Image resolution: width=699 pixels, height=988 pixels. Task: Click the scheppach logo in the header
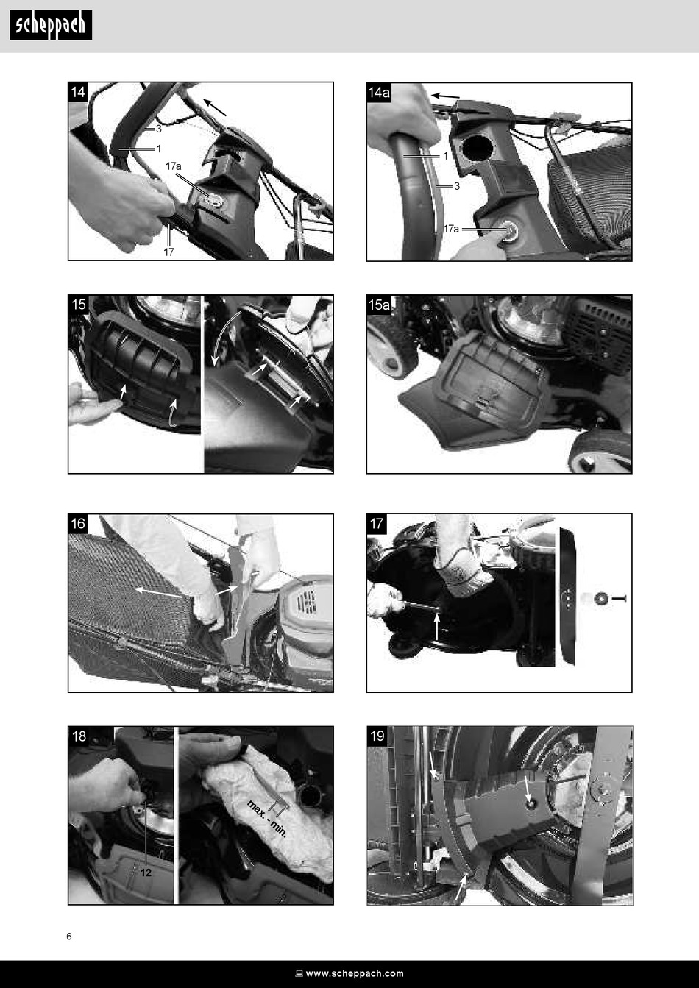(51, 25)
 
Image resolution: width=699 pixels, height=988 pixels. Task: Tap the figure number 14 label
(77, 92)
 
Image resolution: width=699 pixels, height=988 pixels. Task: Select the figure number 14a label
(379, 93)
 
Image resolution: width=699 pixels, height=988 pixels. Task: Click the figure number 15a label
(379, 305)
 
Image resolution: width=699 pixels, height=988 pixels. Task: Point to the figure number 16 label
(78, 524)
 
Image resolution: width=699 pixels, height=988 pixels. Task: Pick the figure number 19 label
(377, 736)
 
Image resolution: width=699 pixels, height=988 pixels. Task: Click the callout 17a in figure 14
(174, 166)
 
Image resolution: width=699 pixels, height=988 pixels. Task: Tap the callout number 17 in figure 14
(168, 252)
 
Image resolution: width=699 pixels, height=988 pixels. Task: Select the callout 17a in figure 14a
(451, 229)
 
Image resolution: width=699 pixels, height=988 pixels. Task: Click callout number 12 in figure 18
(146, 873)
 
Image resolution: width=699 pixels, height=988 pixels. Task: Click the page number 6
(69, 937)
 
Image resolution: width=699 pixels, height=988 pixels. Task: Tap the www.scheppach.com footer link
(355, 973)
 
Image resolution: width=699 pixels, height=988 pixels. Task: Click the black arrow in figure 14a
(445, 96)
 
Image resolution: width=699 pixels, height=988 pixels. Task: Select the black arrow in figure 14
(215, 107)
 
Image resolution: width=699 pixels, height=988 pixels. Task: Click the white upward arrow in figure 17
(436, 628)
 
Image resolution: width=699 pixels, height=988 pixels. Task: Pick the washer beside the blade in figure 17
(600, 599)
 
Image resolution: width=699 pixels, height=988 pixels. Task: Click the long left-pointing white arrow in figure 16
(159, 593)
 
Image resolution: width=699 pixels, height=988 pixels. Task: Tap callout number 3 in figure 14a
(457, 186)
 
